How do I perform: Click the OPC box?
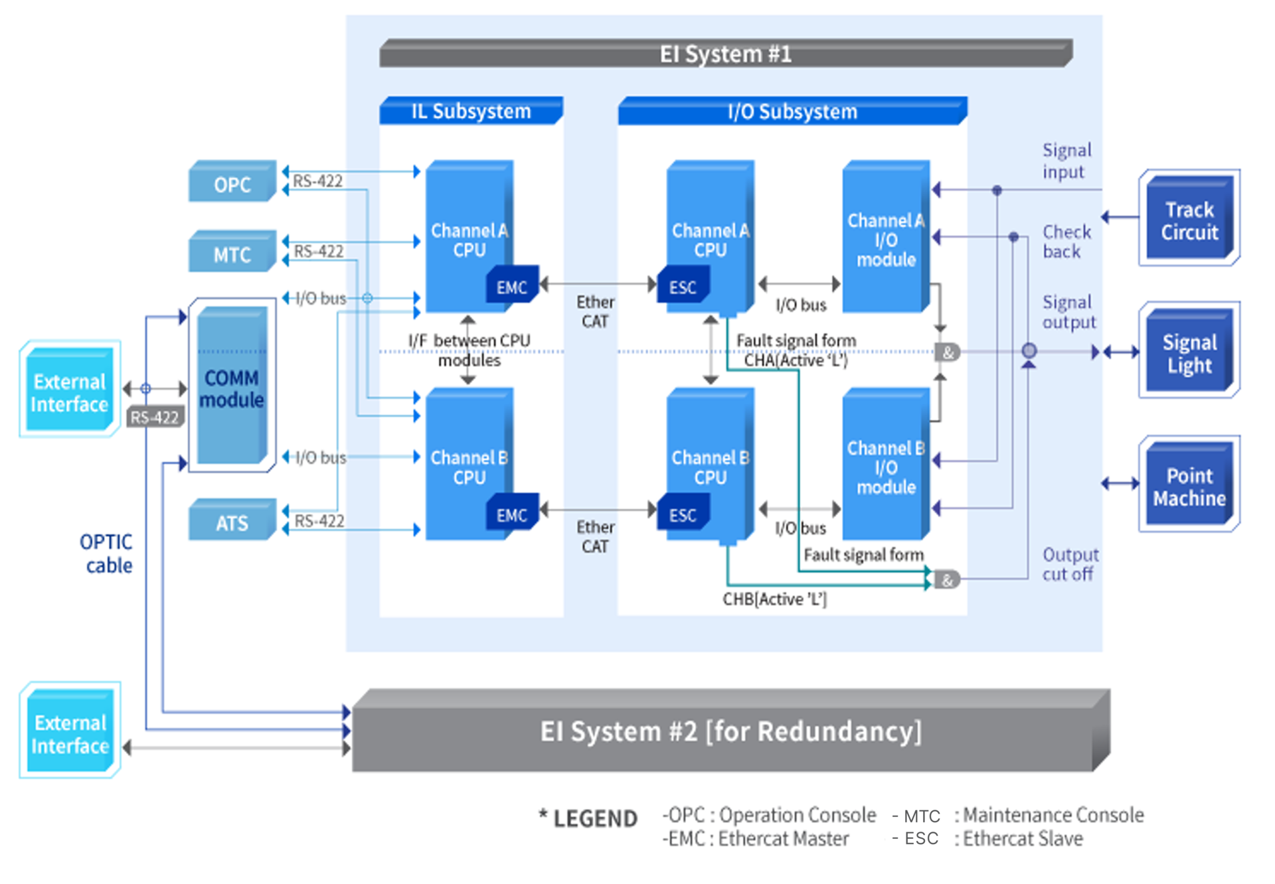(232, 183)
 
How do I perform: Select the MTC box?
(232, 253)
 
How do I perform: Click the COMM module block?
(232, 388)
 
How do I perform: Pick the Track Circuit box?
(1189, 220)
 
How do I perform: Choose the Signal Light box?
(1189, 352)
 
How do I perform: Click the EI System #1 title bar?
(725, 54)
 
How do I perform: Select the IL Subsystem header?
(471, 111)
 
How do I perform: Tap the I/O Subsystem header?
(792, 111)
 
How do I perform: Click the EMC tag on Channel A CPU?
(511, 286)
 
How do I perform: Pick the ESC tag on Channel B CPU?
(683, 514)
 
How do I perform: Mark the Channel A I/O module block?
(886, 239)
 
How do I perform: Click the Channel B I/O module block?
(886, 467)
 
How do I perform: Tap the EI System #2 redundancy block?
(730, 731)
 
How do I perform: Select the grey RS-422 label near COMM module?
(155, 417)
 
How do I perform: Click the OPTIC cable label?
(106, 553)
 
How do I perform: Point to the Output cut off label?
(1069, 564)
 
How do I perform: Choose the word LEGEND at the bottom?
(595, 818)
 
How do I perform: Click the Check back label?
(1066, 242)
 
